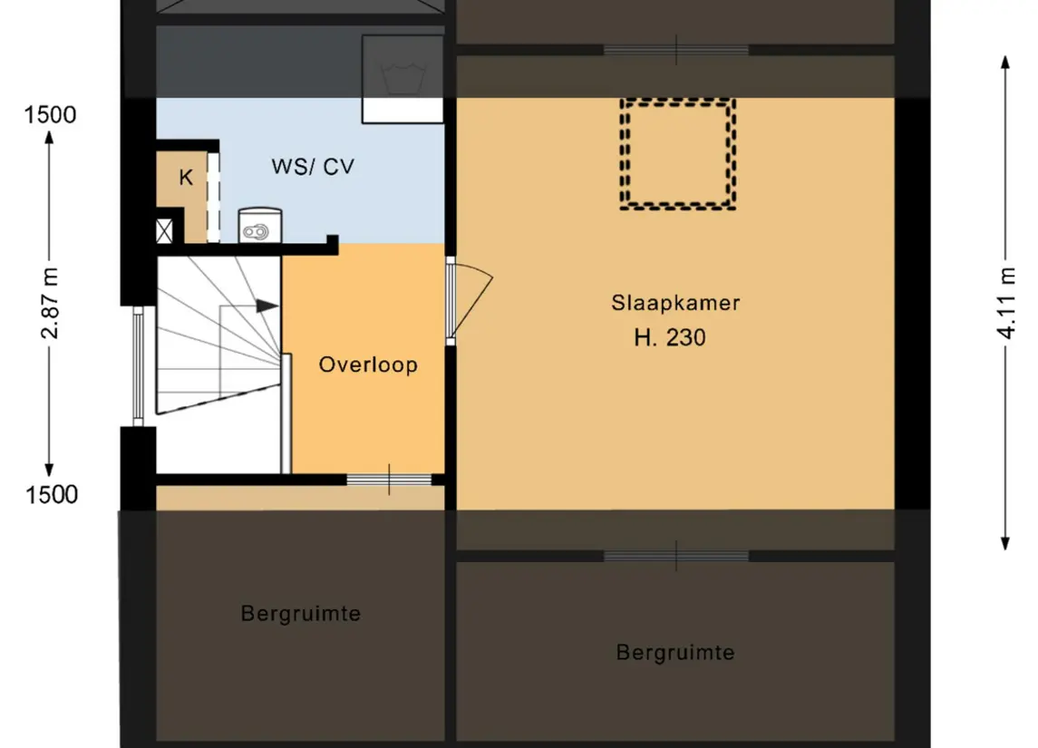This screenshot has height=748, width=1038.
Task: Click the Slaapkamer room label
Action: (x=675, y=303)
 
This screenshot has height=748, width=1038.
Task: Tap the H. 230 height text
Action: (x=669, y=337)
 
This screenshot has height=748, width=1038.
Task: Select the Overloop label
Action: (x=368, y=364)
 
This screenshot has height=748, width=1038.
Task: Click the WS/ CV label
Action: (x=313, y=166)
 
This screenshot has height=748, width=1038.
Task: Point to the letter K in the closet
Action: (x=186, y=178)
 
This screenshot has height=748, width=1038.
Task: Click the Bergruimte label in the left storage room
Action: (x=301, y=614)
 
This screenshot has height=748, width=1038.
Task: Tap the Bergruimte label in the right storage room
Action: (x=675, y=653)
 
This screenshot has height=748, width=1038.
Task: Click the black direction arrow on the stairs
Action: (x=267, y=306)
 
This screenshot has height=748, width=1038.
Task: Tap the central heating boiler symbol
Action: (x=259, y=225)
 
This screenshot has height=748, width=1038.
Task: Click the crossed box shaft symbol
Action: (x=164, y=231)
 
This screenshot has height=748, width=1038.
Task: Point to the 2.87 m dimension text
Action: (x=50, y=303)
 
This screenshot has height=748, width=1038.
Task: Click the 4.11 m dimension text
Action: (x=1005, y=303)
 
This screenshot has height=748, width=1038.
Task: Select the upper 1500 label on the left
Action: (x=50, y=115)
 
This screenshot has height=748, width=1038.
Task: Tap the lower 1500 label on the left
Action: (x=51, y=494)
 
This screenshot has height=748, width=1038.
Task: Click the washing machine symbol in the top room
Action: (x=403, y=79)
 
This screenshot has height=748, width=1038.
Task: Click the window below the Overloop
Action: (x=389, y=480)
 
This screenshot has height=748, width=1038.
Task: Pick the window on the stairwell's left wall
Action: (x=138, y=366)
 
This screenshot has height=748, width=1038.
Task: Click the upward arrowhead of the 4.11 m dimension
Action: (x=1004, y=63)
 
